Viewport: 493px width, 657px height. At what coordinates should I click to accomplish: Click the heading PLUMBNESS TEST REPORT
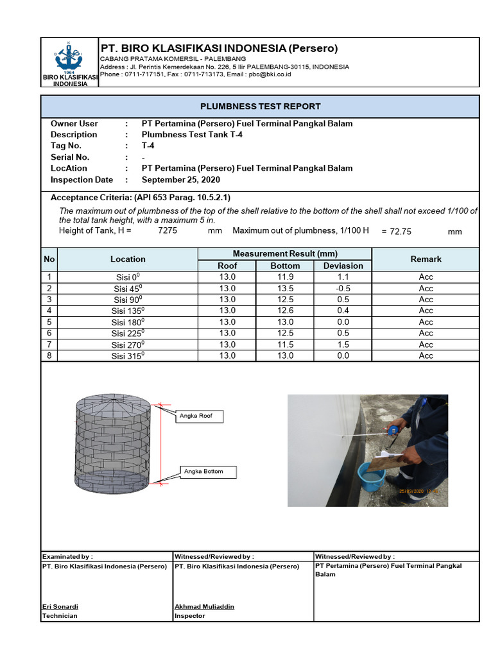pyautogui.click(x=260, y=107)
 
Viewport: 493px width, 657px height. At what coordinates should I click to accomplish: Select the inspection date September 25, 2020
pyautogui.click(x=180, y=180)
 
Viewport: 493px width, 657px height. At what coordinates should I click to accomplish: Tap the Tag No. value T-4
pyautogui.click(x=148, y=146)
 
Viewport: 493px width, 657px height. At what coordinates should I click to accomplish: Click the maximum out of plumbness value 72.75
pyautogui.click(x=401, y=232)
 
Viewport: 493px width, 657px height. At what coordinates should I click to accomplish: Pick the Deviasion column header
pyautogui.click(x=343, y=266)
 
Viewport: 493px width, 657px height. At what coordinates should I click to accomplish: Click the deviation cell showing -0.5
pyautogui.click(x=343, y=289)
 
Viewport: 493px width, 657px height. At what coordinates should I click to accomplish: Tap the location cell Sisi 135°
pyautogui.click(x=128, y=311)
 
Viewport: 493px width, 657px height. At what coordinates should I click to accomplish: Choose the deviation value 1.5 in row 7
pyautogui.click(x=343, y=345)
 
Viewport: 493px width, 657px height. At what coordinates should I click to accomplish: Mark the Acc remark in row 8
pyautogui.click(x=426, y=356)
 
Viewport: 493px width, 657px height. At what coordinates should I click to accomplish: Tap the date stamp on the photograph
pyautogui.click(x=421, y=491)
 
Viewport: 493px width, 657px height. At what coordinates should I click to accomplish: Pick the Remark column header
pyautogui.click(x=426, y=259)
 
